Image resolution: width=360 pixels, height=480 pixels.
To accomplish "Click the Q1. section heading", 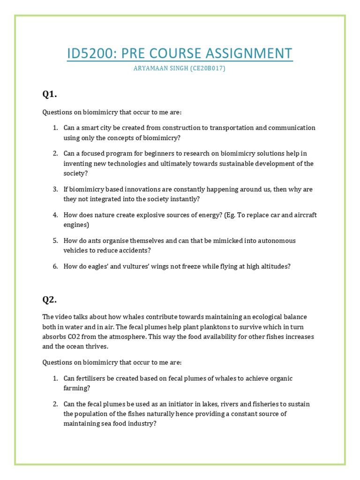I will tap(49, 94).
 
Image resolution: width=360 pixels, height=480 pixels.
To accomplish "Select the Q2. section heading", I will tap(49, 300).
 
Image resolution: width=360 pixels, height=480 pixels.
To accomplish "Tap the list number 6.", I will tap(55, 266).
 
